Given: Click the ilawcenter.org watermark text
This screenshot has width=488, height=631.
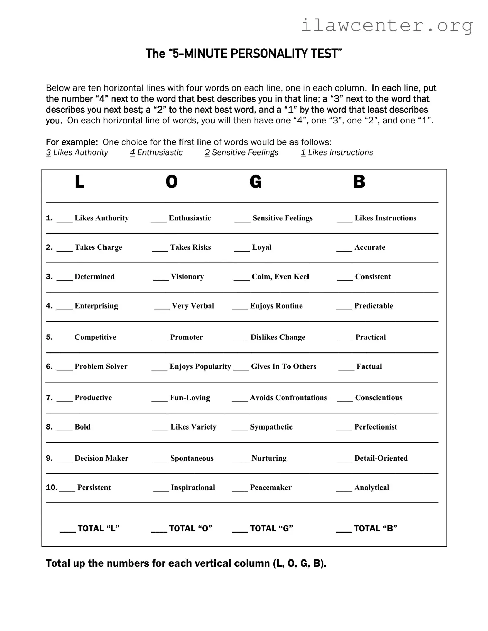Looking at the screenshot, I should [x=387, y=26].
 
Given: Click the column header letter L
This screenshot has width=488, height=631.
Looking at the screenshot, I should [x=80, y=182].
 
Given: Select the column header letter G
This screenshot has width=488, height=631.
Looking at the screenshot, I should [x=256, y=182].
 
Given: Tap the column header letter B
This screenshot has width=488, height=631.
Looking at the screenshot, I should [x=359, y=182].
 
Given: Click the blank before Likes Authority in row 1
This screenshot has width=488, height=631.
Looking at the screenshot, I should [x=64, y=220].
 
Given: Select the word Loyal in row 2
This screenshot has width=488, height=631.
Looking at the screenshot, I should [x=262, y=247].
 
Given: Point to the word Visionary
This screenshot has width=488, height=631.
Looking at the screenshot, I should [x=187, y=277].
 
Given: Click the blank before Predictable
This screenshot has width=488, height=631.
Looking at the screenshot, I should [x=344, y=308].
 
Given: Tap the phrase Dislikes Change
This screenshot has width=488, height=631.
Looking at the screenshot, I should [x=278, y=337].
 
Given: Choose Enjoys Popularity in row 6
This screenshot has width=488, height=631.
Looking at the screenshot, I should [x=200, y=367].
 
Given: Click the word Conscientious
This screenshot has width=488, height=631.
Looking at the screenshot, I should [x=378, y=398].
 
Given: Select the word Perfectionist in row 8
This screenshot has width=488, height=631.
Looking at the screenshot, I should [x=375, y=427].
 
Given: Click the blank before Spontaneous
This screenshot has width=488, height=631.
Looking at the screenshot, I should [x=160, y=460].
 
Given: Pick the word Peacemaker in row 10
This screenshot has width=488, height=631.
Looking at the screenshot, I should [x=270, y=488].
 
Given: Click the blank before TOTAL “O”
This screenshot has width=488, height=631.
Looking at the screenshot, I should [x=159, y=530].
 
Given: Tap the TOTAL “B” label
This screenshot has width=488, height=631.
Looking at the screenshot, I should [x=375, y=529].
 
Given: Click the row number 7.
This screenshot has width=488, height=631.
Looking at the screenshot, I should [x=49, y=398].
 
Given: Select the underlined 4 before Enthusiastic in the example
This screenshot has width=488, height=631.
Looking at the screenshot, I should [x=132, y=153].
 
